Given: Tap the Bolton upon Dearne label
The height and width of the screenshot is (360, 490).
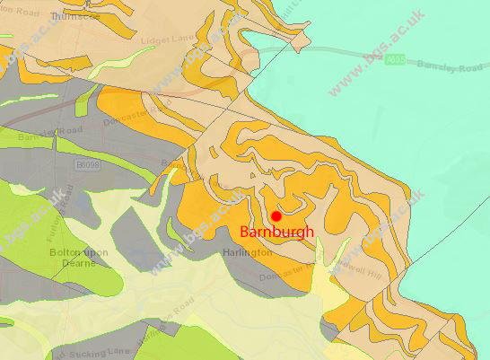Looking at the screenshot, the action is (x=78, y=258).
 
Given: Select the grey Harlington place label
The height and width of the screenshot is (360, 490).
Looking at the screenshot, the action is (x=247, y=253).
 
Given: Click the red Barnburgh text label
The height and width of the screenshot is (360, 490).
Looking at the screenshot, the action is (x=277, y=232).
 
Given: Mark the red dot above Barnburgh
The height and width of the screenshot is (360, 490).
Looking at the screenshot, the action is (x=276, y=216).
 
